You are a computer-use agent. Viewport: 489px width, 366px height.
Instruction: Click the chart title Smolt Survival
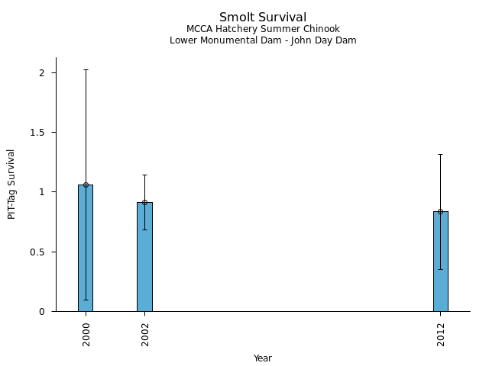[263, 18]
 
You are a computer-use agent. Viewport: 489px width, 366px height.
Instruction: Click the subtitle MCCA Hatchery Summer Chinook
[263, 29]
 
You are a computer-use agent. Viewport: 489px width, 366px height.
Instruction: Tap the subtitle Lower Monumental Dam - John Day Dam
[263, 40]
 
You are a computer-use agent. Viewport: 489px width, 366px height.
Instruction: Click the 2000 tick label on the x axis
[86, 334]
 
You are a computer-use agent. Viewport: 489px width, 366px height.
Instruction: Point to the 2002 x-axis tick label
[145, 334]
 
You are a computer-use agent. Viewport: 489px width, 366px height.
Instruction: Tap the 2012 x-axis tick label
[441, 334]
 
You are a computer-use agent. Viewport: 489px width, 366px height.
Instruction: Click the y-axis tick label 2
[43, 73]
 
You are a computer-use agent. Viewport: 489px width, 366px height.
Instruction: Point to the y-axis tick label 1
[43, 192]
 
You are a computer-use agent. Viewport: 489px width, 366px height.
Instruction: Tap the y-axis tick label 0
[43, 312]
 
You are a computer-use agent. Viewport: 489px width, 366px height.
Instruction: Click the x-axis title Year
[263, 358]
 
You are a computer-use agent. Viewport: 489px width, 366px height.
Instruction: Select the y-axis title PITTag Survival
[11, 184]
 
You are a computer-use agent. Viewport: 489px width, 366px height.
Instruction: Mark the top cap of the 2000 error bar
[86, 70]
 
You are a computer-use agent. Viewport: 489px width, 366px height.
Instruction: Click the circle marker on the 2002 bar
[144, 202]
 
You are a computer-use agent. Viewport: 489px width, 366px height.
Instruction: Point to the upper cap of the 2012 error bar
[440, 155]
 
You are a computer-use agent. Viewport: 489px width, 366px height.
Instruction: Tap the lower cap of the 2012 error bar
[440, 269]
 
